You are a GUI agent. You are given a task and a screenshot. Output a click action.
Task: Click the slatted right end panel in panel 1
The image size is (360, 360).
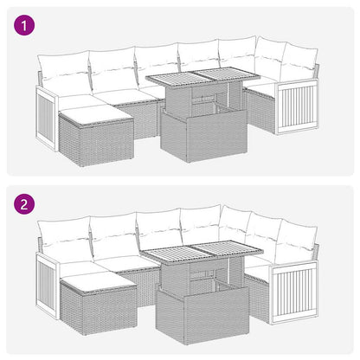pyautogui.click(x=292, y=107)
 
